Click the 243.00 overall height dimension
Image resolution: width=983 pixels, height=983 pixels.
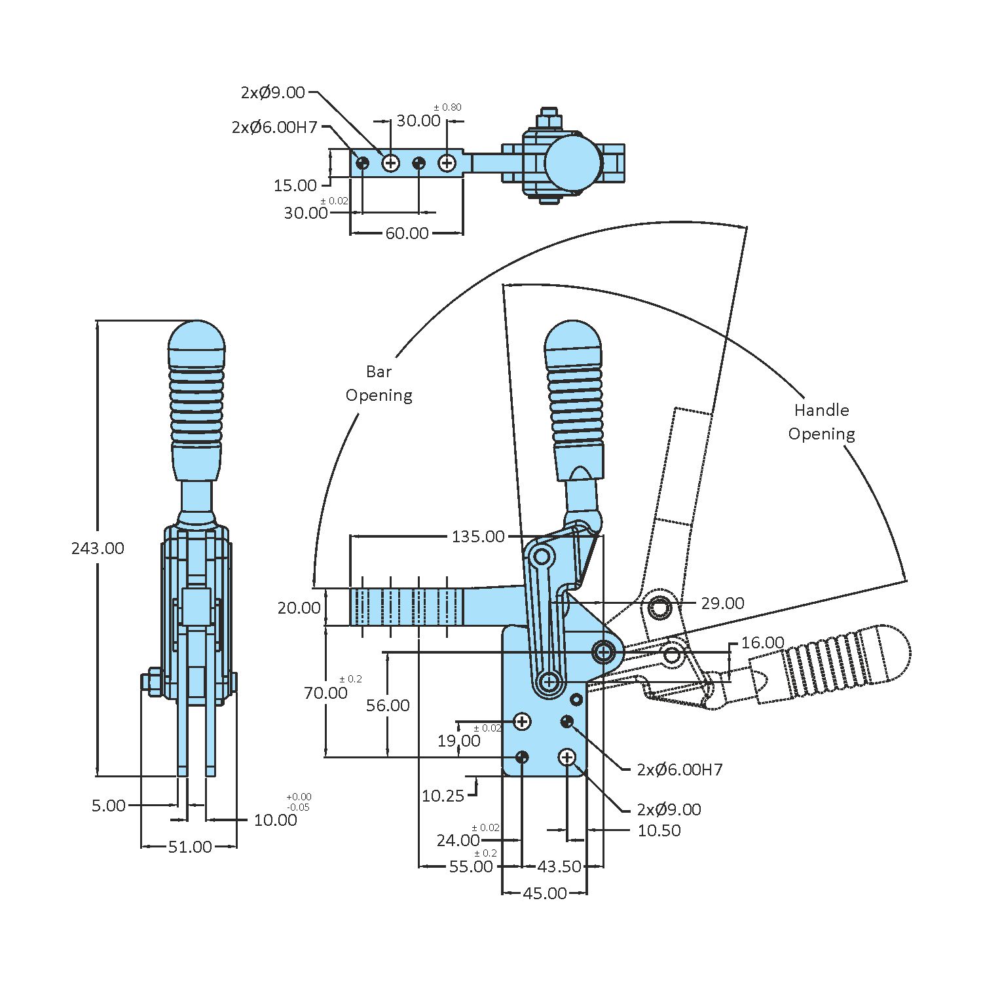click(98, 548)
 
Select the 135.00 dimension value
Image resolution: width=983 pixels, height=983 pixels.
click(478, 536)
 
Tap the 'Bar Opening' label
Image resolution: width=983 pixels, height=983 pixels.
click(379, 384)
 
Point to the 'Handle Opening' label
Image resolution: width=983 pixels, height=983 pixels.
click(821, 422)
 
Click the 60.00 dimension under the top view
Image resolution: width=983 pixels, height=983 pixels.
click(407, 233)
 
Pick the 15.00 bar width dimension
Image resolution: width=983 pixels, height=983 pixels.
click(295, 185)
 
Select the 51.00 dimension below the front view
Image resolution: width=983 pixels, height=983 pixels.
click(190, 847)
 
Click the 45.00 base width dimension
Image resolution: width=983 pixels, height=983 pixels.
click(545, 893)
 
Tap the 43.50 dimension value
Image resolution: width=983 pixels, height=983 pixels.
click(559, 866)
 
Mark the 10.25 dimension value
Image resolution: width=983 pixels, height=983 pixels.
click(443, 796)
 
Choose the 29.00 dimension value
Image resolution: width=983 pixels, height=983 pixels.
click(722, 603)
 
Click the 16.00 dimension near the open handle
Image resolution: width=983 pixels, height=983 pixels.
click(762, 642)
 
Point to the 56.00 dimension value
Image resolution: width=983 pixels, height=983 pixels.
click(388, 705)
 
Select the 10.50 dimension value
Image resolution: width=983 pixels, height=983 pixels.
click(659, 830)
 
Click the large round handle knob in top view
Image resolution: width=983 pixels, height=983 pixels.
click(572, 162)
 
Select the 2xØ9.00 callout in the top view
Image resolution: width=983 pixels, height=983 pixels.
click(273, 92)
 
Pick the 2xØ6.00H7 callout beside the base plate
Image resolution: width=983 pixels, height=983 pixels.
click(680, 770)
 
